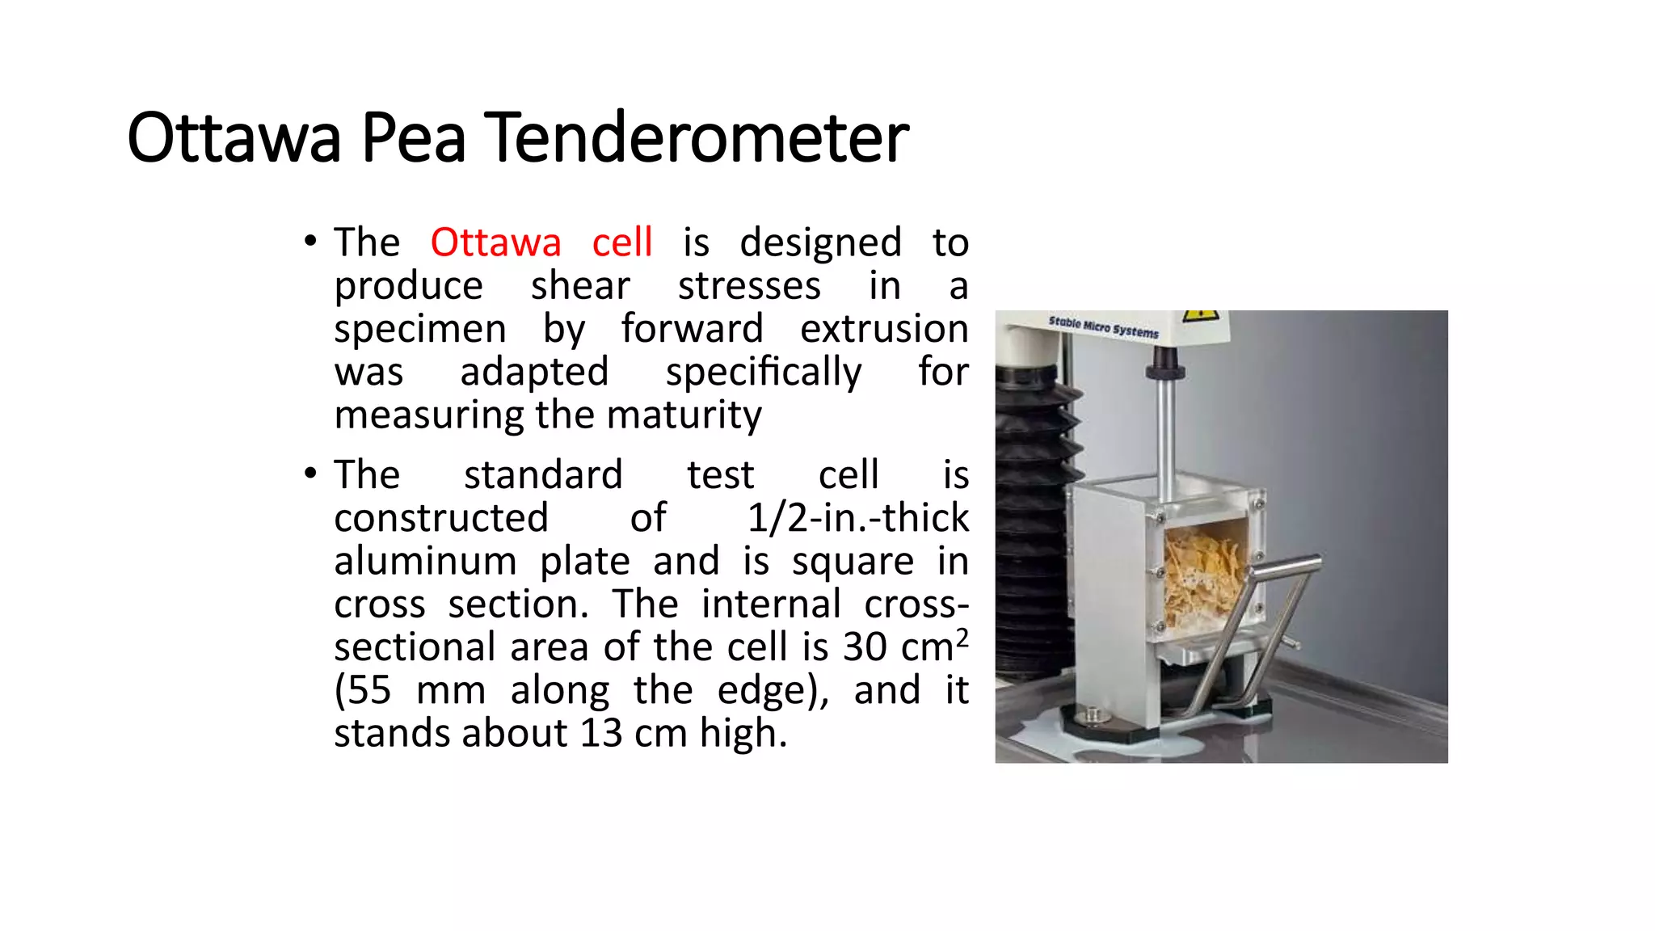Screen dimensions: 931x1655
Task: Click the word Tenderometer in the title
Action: coord(699,137)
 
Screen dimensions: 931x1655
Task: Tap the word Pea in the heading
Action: coord(413,137)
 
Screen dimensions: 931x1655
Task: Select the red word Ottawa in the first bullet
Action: coord(495,242)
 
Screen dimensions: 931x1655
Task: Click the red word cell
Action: coord(621,242)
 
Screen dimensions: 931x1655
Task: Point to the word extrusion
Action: coord(883,329)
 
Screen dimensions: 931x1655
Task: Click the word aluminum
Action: coord(425,561)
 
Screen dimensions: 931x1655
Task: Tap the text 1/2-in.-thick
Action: coord(857,517)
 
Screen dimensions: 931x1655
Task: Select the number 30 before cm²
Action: coord(864,647)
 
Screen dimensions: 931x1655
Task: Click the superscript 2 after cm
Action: coord(961,638)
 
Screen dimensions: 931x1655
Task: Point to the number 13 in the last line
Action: coord(600,734)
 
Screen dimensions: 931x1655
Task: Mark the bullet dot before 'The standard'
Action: coord(310,473)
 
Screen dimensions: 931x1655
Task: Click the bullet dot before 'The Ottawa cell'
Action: coord(310,241)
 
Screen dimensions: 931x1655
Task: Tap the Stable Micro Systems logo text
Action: coord(1103,326)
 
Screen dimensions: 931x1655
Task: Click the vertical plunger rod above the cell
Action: coord(1165,436)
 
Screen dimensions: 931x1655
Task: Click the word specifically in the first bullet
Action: coord(763,373)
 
